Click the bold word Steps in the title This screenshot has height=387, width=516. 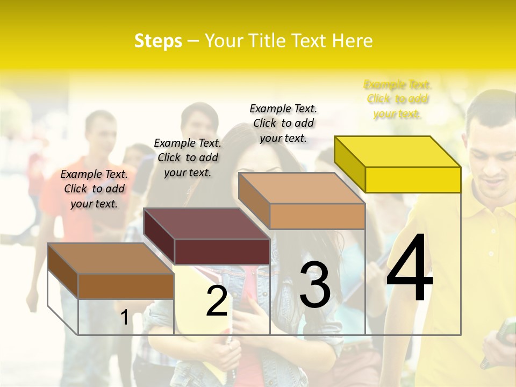point(158,41)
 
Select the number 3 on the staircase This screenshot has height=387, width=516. point(315,284)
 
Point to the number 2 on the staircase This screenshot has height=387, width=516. point(217,301)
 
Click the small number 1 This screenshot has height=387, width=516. point(124,317)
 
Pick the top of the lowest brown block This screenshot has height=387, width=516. point(111,259)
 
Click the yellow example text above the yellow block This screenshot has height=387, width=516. point(397,99)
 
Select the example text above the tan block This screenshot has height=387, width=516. point(283,123)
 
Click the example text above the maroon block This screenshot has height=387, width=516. point(188,157)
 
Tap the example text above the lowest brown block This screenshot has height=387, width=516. point(94,189)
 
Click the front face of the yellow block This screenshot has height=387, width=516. point(413,180)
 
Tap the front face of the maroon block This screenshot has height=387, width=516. point(222,252)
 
